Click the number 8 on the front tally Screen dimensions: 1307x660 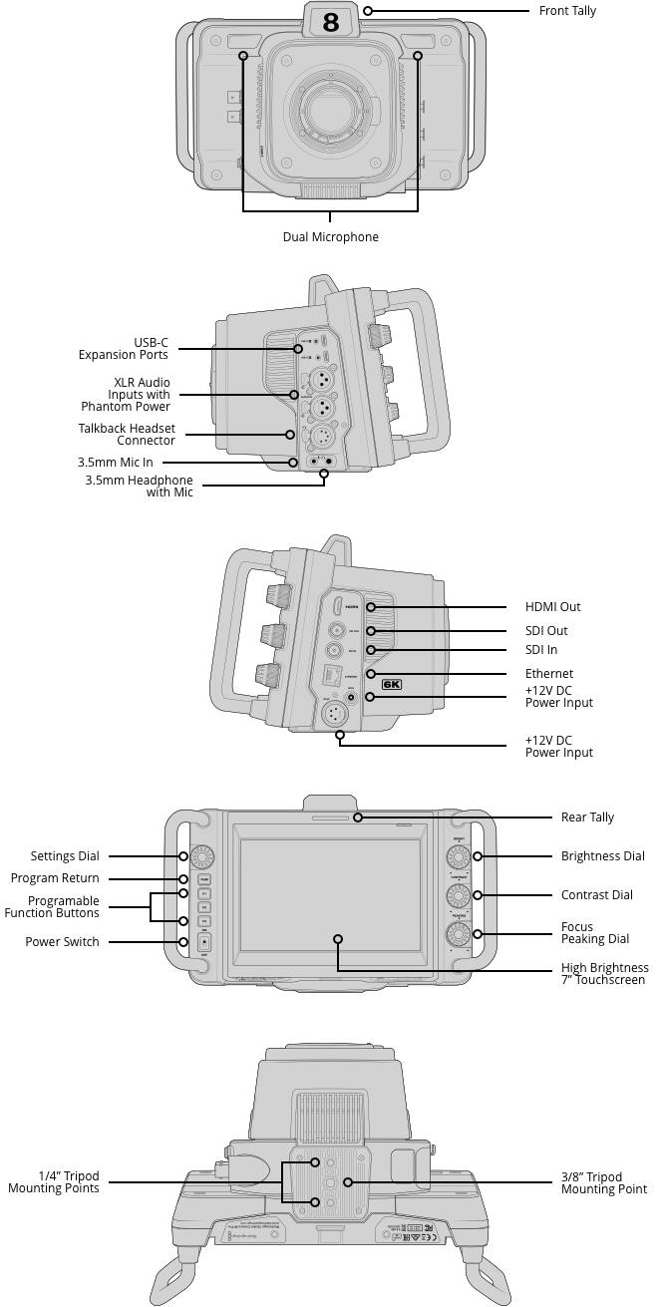click(x=331, y=21)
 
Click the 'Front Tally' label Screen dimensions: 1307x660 click(x=567, y=11)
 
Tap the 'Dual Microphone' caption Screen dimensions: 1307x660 click(x=331, y=237)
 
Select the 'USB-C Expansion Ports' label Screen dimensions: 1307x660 click(x=124, y=349)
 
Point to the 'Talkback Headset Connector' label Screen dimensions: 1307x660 click(x=127, y=435)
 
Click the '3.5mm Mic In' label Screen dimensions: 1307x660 click(x=116, y=463)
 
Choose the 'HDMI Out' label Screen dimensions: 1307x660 click(x=552, y=607)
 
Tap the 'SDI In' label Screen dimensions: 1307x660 click(x=541, y=650)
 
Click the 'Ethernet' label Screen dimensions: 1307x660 click(x=549, y=674)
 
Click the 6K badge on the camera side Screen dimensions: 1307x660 click(x=391, y=685)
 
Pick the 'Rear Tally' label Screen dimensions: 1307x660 click(x=587, y=817)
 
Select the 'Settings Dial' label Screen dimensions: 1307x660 click(x=65, y=856)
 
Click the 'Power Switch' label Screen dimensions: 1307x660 click(x=62, y=942)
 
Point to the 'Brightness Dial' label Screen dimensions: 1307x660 click(x=602, y=856)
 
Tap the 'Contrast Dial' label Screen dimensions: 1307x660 click(x=596, y=895)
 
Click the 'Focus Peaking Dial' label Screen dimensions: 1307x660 click(x=595, y=933)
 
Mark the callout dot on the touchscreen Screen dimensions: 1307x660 click(x=338, y=939)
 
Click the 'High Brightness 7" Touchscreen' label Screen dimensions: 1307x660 click(x=604, y=974)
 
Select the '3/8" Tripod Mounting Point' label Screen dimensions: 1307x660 click(x=603, y=1183)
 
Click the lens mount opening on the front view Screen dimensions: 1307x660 click(x=330, y=107)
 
